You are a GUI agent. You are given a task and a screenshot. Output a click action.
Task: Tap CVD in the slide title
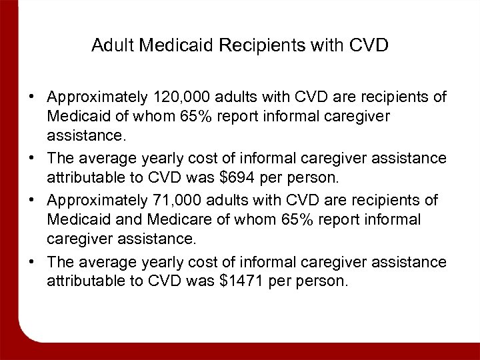368,46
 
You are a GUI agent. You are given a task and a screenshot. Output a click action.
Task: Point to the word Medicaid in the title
169,46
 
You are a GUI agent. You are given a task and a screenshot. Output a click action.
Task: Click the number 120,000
175,97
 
